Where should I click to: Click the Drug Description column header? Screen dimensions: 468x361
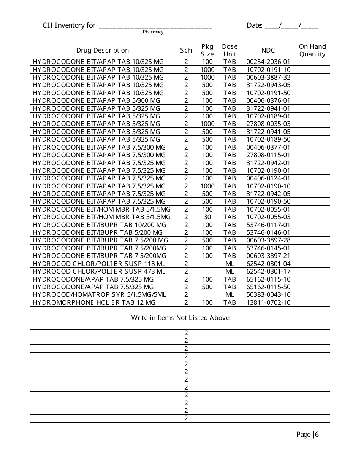coord(103,50)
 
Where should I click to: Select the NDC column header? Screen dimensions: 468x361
coord(268,50)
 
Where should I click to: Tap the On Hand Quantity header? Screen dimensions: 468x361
coord(312,50)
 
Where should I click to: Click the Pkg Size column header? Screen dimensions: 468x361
coord(207,50)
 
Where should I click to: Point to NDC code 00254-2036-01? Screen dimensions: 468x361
coord(268,62)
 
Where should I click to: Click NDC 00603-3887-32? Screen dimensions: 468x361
coord(268,77)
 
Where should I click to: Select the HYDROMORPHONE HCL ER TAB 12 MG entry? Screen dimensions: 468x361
coord(94,302)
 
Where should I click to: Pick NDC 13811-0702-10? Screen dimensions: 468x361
coord(268,302)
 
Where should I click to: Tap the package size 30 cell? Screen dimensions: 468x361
coord(207,217)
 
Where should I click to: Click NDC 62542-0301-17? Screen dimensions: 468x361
coord(268,271)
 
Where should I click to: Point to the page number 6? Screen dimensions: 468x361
coord(317,435)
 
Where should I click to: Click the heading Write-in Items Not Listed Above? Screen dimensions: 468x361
coord(180,318)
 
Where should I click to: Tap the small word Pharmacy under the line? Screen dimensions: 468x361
coord(153,32)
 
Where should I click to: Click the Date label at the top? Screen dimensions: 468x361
coord(254,25)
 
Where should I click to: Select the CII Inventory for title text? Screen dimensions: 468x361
coord(69,25)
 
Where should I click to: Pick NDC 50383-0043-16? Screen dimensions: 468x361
coord(268,294)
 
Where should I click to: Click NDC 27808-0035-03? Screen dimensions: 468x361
coord(268,124)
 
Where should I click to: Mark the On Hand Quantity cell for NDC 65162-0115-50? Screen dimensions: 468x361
coord(312,287)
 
